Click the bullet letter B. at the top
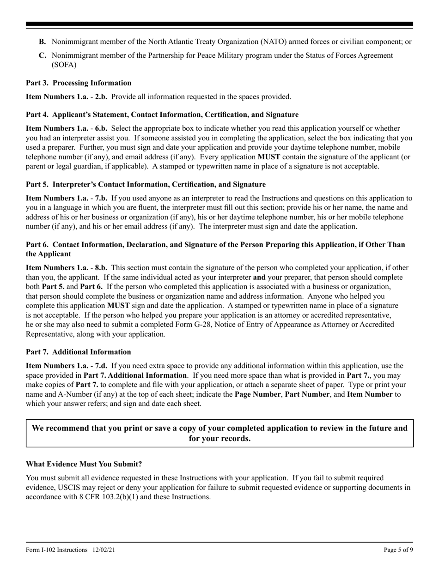43,42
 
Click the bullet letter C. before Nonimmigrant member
43,55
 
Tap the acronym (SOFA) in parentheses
64,65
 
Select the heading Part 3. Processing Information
79,83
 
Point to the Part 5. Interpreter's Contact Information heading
146,185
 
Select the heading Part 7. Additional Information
79,352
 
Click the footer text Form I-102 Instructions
57,550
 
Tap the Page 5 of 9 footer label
398,550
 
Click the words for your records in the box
219,438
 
